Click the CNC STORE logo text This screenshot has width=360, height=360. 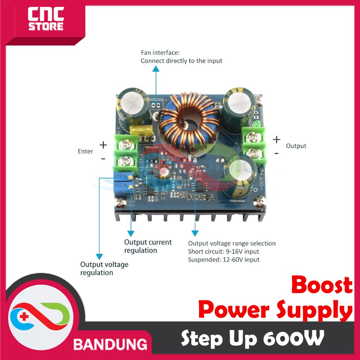tap(46, 20)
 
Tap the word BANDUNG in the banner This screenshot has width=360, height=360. tap(110, 344)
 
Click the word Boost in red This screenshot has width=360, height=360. tap(321, 285)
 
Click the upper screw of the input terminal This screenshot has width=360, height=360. tap(126, 144)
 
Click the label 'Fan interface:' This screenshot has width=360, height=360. tap(160, 53)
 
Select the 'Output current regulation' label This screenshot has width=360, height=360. tap(148, 246)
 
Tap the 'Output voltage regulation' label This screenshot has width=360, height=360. tap(104, 268)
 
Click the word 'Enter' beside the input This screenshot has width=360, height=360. tap(85, 152)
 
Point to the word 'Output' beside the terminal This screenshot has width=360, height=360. tap(296, 146)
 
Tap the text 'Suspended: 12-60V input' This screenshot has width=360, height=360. tap(224, 260)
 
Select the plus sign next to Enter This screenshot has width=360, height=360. tap(103, 144)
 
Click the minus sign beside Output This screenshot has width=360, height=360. tap(276, 153)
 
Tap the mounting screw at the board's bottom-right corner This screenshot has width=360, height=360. tap(259, 201)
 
